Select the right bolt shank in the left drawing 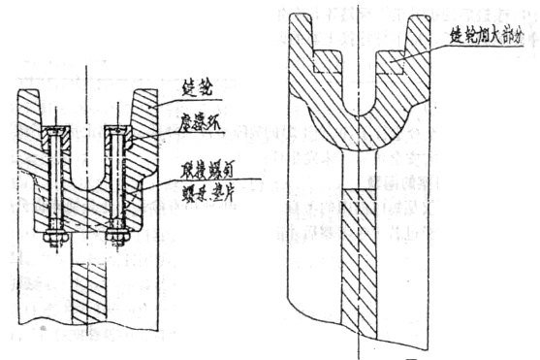click(117, 179)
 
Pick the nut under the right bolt click(117, 234)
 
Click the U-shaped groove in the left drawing click(87, 160)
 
